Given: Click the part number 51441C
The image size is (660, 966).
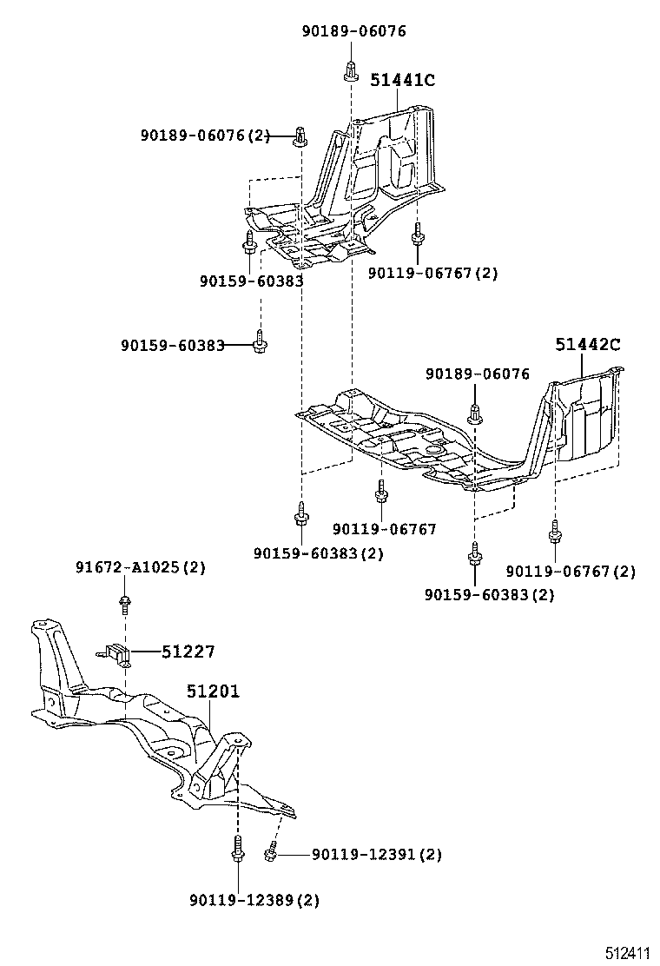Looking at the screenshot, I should coord(402,80).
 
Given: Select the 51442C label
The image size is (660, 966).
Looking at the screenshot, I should coord(588,344).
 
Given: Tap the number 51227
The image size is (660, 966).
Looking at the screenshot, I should coord(188,652).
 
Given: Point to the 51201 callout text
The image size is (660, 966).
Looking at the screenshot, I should coord(213,691).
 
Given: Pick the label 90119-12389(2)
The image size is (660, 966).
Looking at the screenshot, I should coord(254,900).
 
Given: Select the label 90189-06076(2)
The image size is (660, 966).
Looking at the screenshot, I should coord(205,136).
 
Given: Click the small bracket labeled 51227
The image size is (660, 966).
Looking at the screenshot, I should coord(115,652).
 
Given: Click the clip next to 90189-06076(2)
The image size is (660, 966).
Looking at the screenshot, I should coord(300,136).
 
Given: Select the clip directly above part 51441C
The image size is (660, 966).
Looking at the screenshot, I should coord(350,69).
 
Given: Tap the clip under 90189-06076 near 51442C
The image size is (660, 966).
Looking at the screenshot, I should coord(475,414).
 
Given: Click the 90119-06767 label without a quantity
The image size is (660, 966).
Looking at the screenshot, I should coord(384,529).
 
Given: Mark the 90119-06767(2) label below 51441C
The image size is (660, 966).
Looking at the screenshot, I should coord(432,273).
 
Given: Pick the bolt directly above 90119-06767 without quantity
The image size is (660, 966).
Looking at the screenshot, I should coord(380,493).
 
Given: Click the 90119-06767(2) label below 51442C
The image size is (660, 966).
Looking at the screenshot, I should coord(571,571).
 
